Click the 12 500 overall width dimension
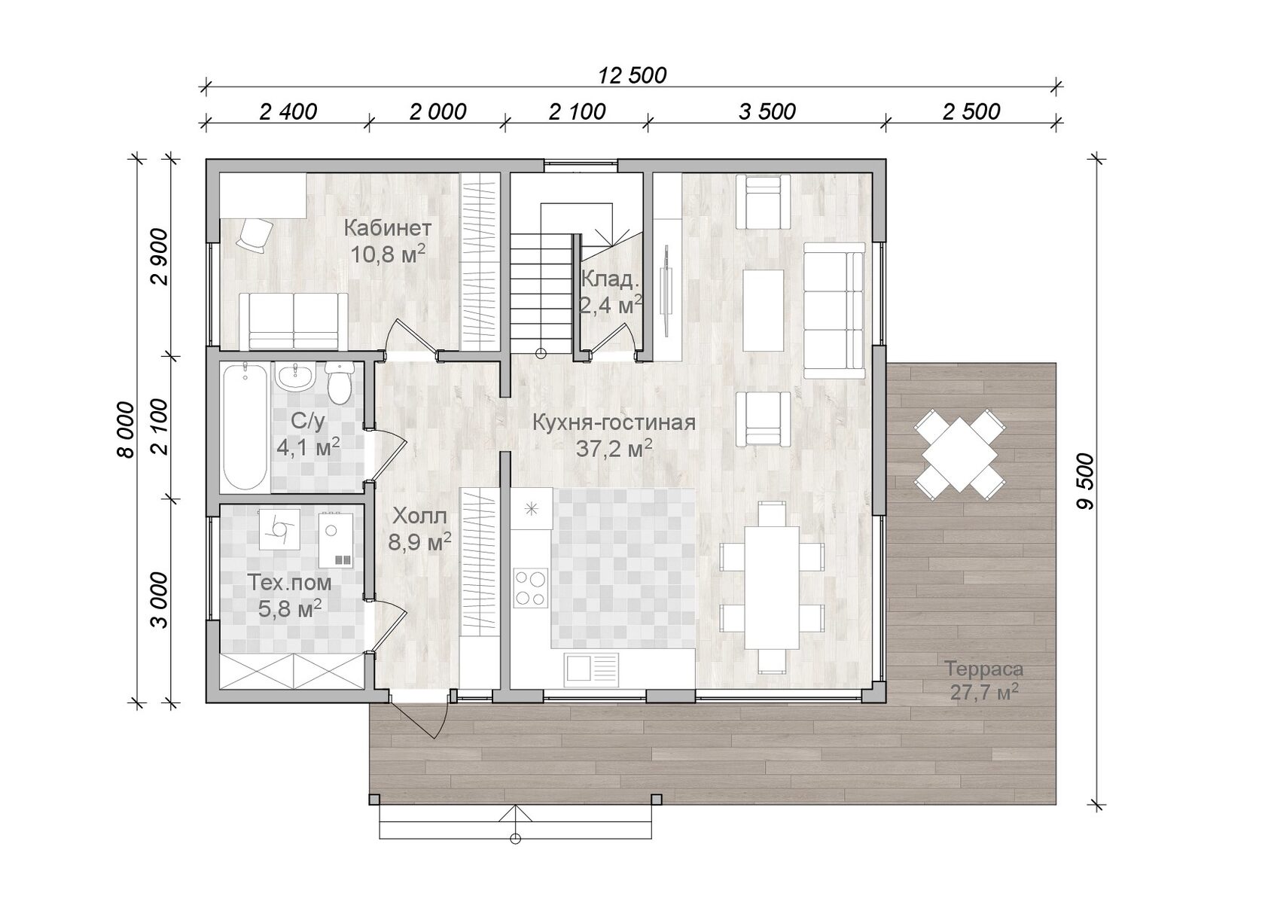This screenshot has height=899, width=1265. tap(632, 75)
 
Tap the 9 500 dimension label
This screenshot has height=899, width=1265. tap(1085, 482)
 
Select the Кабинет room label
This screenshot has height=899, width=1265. tap(387, 228)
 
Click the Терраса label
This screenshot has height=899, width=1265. tap(983, 669)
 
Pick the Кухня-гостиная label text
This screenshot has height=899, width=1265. tap(614, 422)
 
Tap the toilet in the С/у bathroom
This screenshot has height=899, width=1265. tap(340, 383)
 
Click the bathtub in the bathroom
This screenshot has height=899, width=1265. tap(245, 427)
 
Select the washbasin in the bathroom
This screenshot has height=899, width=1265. tap(294, 377)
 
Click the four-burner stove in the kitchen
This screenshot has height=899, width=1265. tap(530, 588)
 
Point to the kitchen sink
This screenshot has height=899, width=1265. tap(591, 667)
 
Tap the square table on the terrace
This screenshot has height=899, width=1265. tap(959, 454)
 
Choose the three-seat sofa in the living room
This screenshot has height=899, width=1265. tap(834, 310)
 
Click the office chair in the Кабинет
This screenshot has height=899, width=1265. tap(255, 236)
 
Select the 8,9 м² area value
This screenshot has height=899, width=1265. tap(419, 542)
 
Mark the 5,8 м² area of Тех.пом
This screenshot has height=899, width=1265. tap(290, 608)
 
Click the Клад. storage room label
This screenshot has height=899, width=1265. tap(610, 280)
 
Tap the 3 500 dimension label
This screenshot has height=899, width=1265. tap(767, 111)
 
